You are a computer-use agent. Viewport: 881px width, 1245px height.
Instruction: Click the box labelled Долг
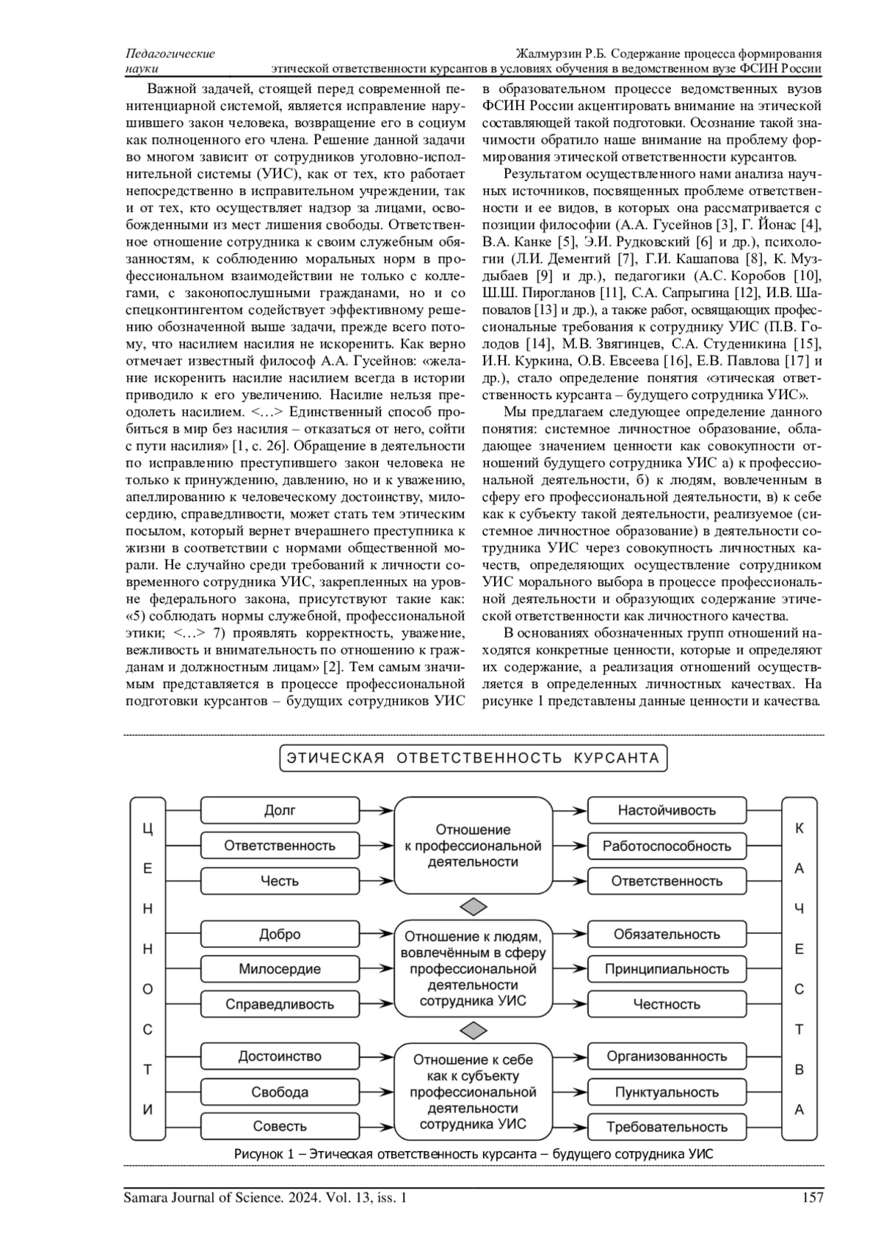pyautogui.click(x=280, y=810)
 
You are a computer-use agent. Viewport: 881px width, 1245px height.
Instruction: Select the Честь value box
pyautogui.click(x=280, y=880)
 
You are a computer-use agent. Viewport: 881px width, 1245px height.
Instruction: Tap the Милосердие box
pyautogui.click(x=280, y=969)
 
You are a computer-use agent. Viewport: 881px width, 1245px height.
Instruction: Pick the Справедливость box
pyautogui.click(x=280, y=1004)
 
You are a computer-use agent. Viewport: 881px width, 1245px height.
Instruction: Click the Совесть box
pyautogui.click(x=280, y=1126)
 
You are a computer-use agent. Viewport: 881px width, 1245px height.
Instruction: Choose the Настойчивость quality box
pyautogui.click(x=667, y=810)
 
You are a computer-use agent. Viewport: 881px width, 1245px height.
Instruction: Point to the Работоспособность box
pyautogui.click(x=667, y=845)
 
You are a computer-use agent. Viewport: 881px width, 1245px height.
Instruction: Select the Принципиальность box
pyautogui.click(x=667, y=969)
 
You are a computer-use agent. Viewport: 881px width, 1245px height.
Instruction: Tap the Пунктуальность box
pyautogui.click(x=667, y=1092)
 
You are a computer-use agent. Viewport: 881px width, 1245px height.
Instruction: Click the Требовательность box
pyautogui.click(x=667, y=1126)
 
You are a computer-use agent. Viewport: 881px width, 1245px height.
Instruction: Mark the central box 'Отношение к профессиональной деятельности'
pyautogui.click(x=474, y=845)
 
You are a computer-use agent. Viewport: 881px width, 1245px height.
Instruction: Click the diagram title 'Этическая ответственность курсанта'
pyautogui.click(x=474, y=758)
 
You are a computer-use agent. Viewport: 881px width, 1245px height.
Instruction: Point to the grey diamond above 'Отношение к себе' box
pyautogui.click(x=474, y=1031)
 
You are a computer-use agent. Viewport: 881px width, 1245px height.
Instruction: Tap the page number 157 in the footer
pyautogui.click(x=813, y=1198)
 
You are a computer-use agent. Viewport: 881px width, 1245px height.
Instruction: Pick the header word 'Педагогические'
pyautogui.click(x=170, y=54)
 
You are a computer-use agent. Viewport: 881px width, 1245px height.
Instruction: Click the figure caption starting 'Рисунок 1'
pyautogui.click(x=474, y=1154)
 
